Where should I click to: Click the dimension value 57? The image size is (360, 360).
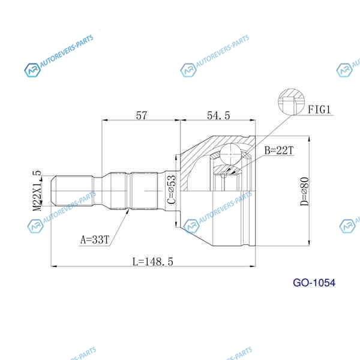coord(141,115)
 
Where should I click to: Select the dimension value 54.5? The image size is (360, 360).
coord(218,115)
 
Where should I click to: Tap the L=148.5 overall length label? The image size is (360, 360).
coord(153,262)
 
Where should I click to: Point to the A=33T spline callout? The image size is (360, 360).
coord(94,239)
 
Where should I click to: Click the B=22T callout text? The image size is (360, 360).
coord(279,151)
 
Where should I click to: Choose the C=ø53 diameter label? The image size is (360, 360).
coord(172,190)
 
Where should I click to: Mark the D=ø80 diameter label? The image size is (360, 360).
coord(305,191)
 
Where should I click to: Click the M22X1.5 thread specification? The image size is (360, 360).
coord(37,190)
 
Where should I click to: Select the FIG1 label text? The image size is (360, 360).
coord(319,110)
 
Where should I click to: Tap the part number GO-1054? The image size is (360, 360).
coord(314,283)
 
